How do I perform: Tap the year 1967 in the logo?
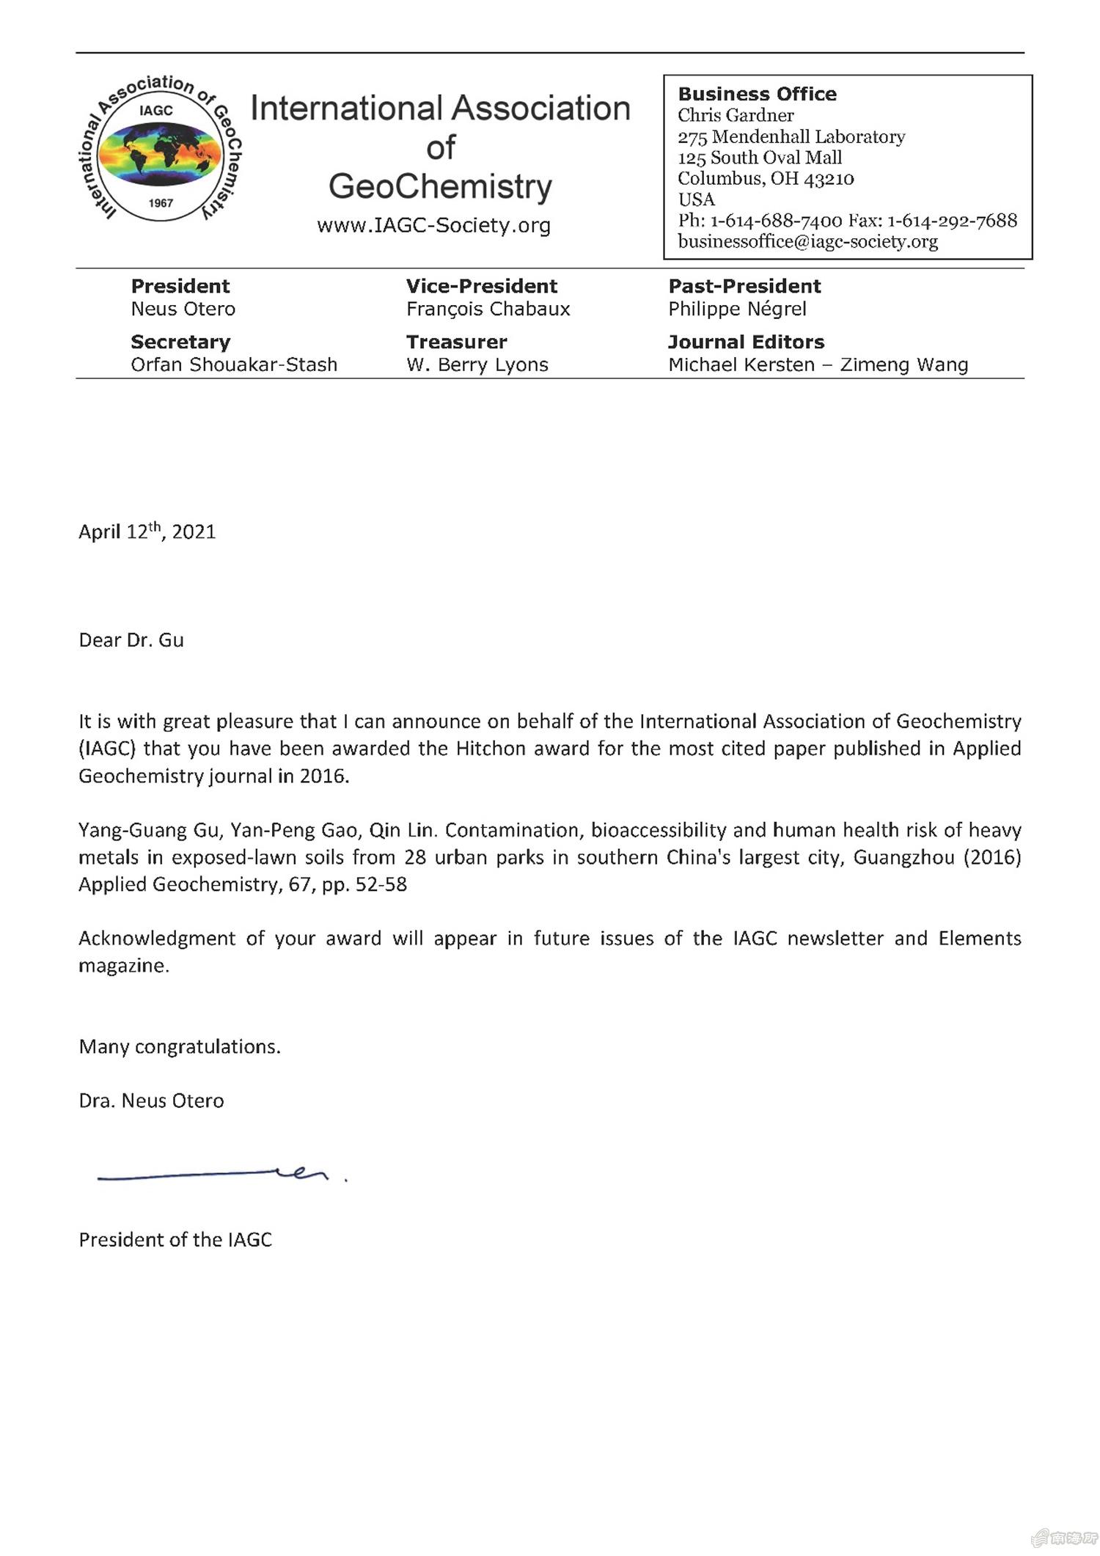click(161, 203)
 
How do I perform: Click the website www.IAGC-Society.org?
click(433, 225)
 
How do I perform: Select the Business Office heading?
click(757, 94)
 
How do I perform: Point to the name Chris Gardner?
click(736, 115)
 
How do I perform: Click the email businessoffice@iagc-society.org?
click(807, 241)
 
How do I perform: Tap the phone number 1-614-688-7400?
click(776, 221)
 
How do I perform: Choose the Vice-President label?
click(482, 286)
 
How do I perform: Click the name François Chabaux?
click(488, 309)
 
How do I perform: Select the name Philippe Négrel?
click(737, 309)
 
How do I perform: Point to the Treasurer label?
click(456, 342)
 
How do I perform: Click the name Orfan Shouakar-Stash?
click(234, 364)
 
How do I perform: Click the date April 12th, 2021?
click(147, 531)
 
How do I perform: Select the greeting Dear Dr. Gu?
click(131, 640)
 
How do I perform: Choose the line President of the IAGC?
click(175, 1240)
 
